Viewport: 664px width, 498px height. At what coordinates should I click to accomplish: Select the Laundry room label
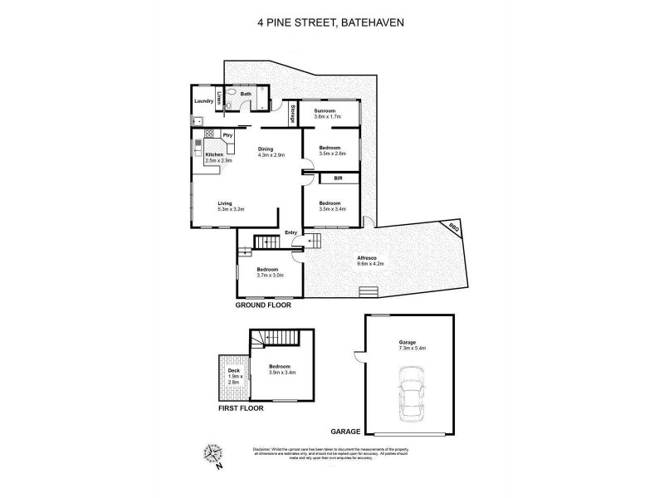coord(204,102)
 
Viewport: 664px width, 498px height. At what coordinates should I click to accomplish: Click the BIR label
coord(338,178)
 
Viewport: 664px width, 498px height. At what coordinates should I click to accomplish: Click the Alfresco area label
coord(369,259)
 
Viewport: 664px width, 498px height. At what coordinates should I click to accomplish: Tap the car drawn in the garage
coord(412,393)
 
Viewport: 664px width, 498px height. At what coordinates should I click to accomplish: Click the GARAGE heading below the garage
coord(344,432)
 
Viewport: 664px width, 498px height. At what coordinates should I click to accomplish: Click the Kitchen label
coord(214,155)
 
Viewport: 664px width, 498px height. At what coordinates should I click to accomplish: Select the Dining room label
coord(266,149)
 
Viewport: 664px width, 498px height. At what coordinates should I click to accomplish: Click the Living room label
coord(226,203)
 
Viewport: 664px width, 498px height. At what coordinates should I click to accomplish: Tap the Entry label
coord(290,232)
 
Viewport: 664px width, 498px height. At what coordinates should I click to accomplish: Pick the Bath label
coord(246,95)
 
